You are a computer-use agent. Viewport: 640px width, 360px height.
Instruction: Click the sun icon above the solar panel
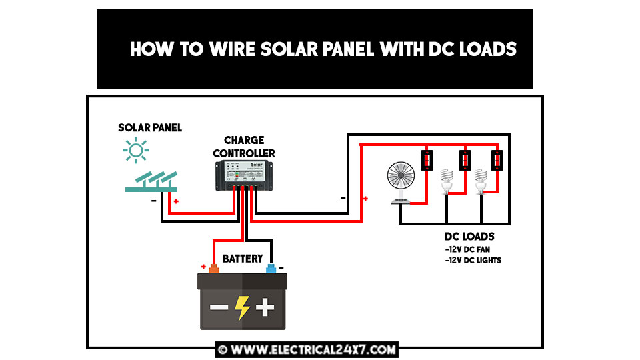click(136, 151)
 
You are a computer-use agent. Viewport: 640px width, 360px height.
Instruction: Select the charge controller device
click(243, 174)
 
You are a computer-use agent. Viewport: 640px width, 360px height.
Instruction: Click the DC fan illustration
click(401, 181)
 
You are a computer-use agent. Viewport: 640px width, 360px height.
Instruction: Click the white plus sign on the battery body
click(265, 307)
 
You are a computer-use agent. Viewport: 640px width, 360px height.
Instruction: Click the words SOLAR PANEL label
click(150, 127)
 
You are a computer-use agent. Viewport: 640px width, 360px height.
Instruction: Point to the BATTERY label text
click(242, 259)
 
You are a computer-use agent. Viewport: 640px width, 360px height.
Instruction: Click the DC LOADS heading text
click(469, 237)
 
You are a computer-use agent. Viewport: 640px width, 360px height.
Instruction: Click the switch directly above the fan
click(427, 160)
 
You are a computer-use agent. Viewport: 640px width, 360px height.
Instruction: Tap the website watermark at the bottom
click(307, 349)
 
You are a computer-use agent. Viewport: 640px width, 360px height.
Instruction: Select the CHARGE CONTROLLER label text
click(244, 147)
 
